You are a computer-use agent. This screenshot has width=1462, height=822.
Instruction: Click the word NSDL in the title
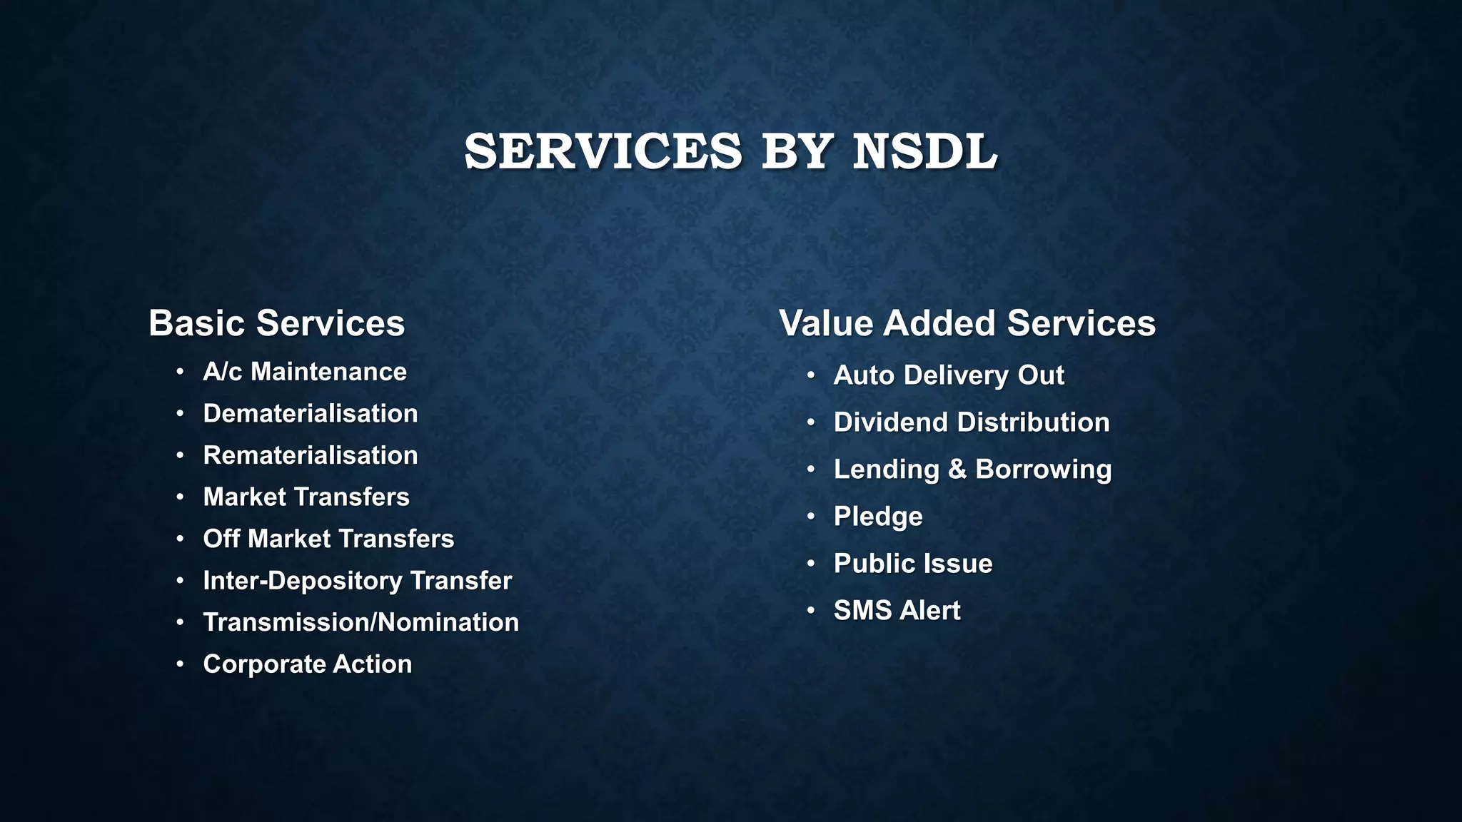click(924, 151)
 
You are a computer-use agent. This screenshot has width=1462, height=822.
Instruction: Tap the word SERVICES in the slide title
click(603, 151)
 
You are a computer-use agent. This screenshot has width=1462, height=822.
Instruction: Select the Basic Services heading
click(276, 323)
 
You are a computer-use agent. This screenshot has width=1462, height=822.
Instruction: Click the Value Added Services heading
click(967, 323)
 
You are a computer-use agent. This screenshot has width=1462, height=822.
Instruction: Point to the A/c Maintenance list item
click(305, 372)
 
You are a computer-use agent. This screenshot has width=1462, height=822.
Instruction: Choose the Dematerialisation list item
click(311, 414)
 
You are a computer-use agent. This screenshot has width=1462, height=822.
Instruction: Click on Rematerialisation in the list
click(311, 455)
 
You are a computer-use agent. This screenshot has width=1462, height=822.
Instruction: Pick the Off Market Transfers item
click(328, 539)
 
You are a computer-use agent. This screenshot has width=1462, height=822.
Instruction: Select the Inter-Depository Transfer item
click(357, 581)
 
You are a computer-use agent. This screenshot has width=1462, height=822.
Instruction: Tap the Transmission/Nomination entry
click(361, 622)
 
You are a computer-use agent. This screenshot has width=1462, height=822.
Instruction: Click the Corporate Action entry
click(307, 664)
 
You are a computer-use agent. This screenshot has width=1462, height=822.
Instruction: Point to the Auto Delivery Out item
click(949, 375)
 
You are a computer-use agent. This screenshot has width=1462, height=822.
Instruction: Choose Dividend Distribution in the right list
click(972, 422)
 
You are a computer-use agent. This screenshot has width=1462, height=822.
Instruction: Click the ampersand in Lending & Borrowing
click(957, 470)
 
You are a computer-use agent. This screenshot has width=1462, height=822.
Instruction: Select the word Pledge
click(878, 517)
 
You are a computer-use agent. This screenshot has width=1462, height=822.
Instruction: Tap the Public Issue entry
click(913, 564)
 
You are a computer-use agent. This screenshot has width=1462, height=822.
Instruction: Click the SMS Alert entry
click(897, 611)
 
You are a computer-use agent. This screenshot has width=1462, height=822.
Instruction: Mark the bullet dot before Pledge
click(811, 516)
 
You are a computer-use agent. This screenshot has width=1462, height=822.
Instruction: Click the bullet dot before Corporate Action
click(181, 664)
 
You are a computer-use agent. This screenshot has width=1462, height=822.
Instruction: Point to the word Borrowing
click(1043, 470)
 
